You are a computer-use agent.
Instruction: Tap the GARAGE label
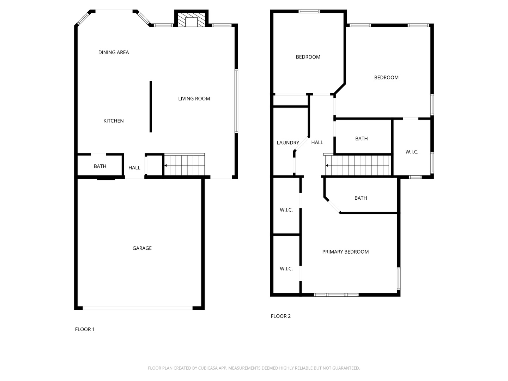142,248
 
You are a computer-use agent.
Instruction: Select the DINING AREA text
114,53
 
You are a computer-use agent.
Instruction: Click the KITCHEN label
114,121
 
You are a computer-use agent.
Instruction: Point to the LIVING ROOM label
194,99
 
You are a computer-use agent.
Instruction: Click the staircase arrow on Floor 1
165,165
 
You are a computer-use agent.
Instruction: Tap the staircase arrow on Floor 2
327,165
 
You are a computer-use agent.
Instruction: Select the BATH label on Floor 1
100,167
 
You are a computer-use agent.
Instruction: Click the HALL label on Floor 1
134,168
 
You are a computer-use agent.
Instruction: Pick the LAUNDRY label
288,143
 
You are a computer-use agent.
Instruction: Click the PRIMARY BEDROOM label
345,252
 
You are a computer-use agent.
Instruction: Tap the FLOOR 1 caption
85,329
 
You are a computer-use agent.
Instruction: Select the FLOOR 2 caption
281,316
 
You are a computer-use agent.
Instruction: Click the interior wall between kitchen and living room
151,107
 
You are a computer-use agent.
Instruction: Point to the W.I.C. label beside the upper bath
412,152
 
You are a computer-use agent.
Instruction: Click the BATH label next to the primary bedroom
361,198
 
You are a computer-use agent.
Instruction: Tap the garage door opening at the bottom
138,308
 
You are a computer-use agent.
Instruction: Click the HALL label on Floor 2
317,143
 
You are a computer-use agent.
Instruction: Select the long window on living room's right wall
236,101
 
